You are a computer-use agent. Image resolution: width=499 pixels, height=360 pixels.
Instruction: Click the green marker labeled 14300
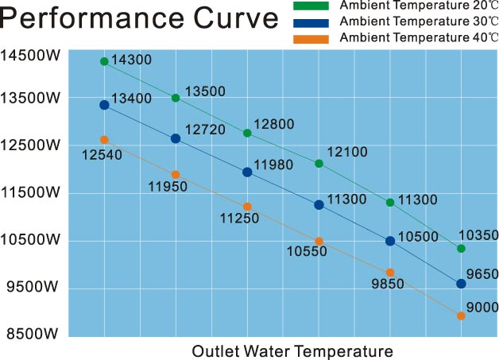click(x=104, y=61)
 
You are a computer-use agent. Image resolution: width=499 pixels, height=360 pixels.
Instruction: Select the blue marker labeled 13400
click(x=104, y=105)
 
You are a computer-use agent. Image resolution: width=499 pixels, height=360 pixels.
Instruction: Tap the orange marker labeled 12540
click(x=104, y=140)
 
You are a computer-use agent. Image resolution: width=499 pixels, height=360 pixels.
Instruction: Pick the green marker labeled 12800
click(x=247, y=133)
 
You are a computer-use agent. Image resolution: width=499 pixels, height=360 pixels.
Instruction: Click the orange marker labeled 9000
click(x=461, y=315)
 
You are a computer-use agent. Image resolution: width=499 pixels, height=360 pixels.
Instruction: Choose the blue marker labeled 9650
click(x=461, y=284)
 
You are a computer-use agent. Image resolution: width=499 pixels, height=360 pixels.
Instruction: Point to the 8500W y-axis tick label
click(x=30, y=333)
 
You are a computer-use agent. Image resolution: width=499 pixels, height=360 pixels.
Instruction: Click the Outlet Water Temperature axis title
click(x=292, y=350)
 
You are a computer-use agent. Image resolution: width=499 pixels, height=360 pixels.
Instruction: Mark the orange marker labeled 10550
click(x=319, y=241)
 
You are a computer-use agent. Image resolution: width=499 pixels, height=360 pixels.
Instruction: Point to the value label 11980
click(x=274, y=165)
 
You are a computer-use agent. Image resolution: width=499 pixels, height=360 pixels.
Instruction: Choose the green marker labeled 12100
click(x=319, y=164)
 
